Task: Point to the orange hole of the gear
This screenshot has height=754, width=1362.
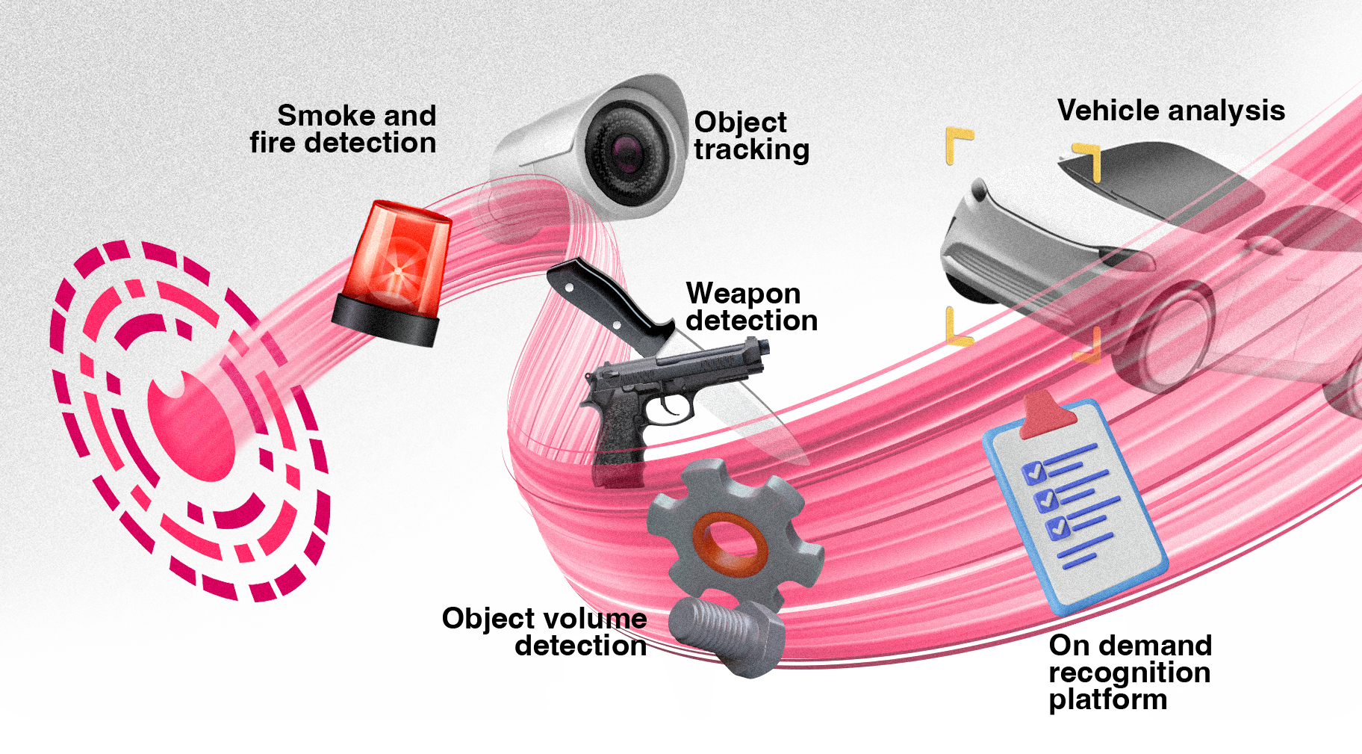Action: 730,542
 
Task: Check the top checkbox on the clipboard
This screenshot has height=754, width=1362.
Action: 1033,472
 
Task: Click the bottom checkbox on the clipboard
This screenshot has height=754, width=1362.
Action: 1057,528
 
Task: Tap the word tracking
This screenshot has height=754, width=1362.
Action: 751,149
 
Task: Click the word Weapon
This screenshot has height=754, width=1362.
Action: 743,294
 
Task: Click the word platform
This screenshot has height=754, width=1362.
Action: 1107,700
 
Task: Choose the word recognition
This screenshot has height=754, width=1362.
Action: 1129,673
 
